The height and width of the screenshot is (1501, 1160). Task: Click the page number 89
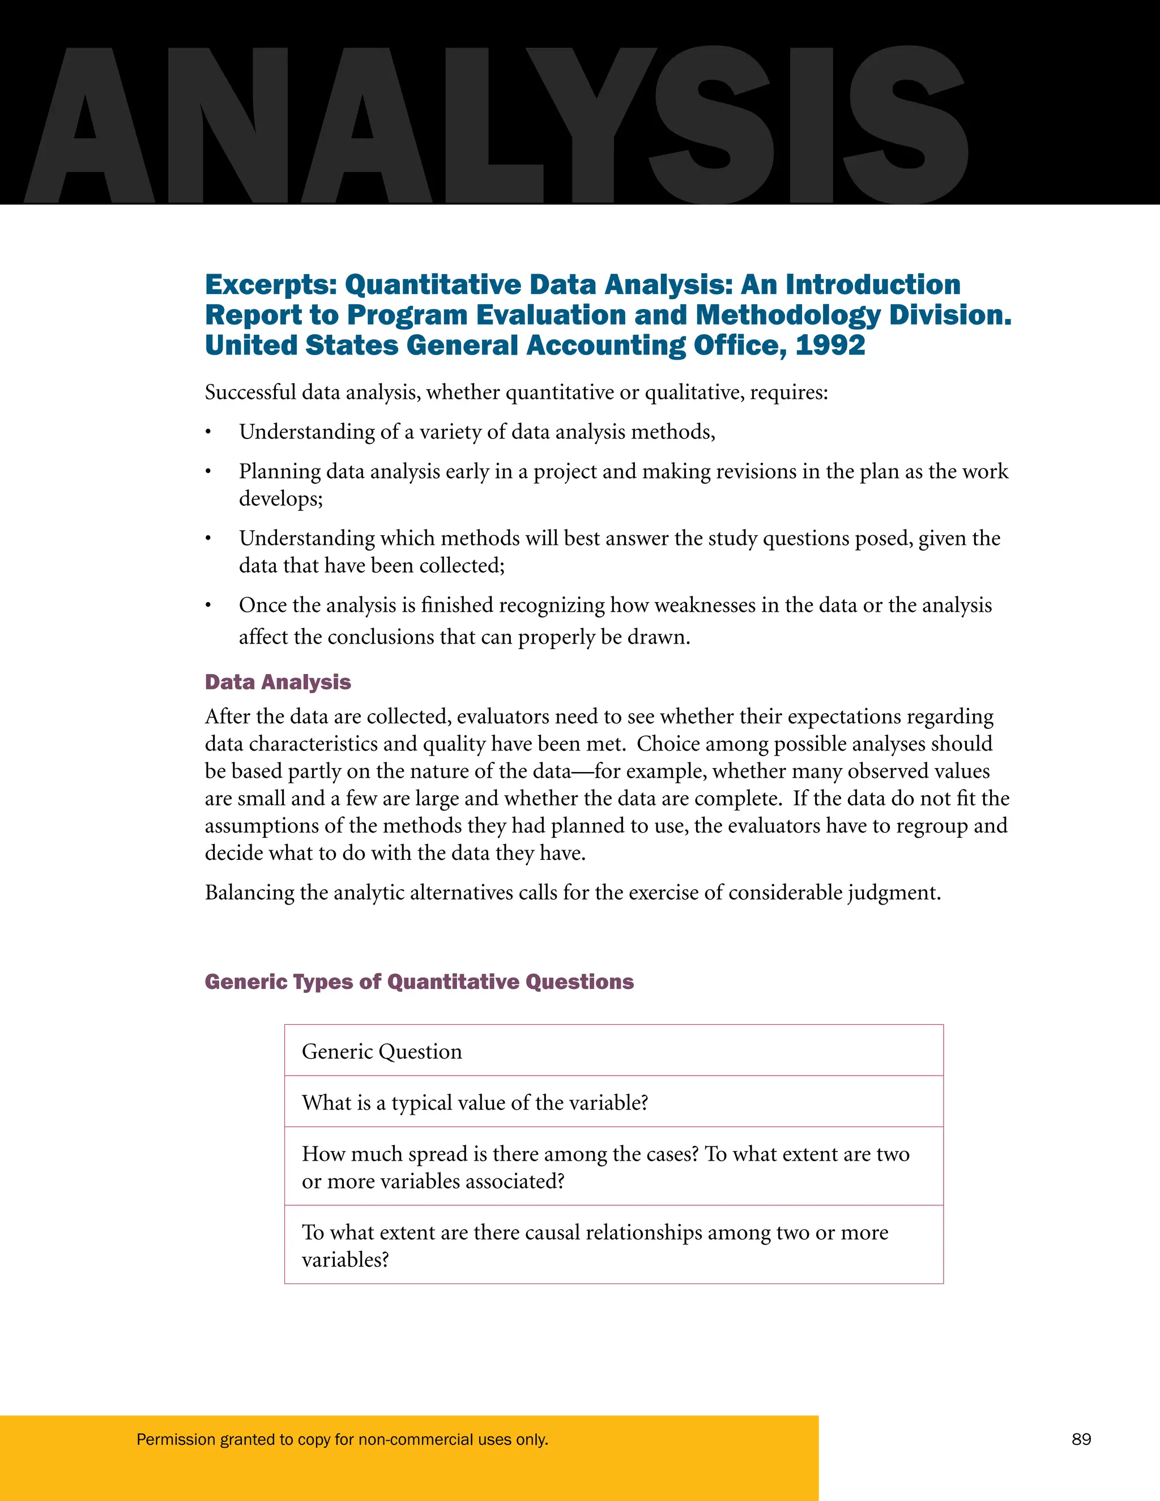tap(1081, 1439)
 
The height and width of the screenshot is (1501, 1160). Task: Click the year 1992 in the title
tap(830, 345)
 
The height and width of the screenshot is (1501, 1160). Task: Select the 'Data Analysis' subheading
tap(278, 682)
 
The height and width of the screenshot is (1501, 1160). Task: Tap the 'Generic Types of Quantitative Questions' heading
tap(419, 982)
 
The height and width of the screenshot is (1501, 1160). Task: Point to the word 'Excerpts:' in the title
tap(271, 284)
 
